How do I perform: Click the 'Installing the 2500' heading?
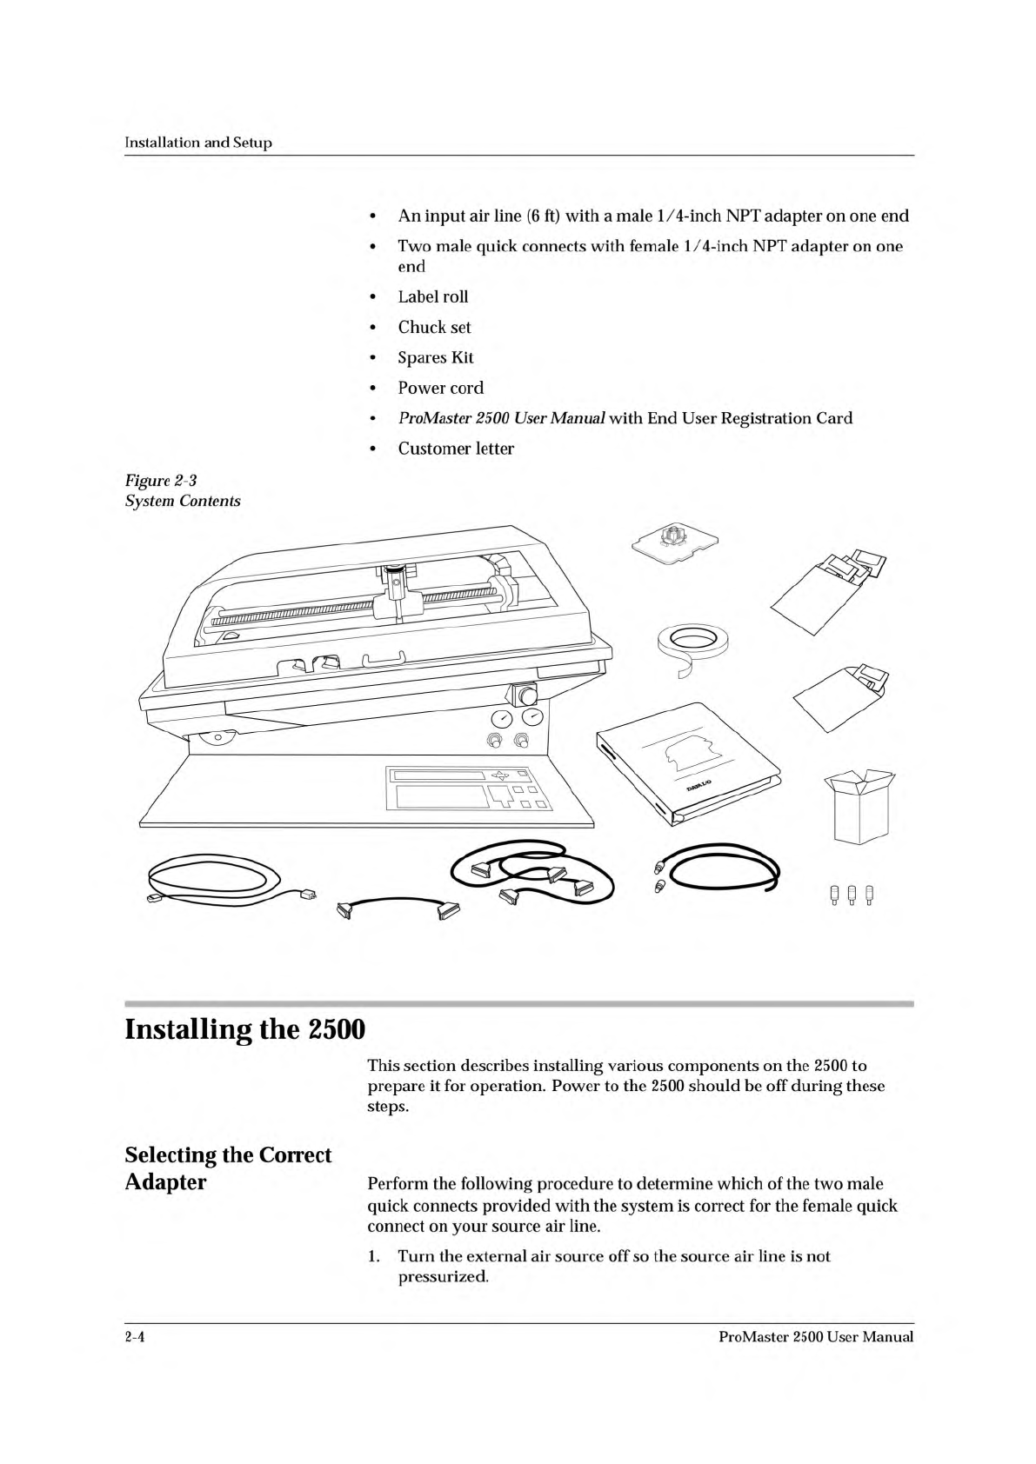coord(244,1030)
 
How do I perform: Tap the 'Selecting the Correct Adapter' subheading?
coord(228,1168)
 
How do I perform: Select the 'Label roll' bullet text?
coord(432,296)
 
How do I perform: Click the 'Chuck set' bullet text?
coord(434,327)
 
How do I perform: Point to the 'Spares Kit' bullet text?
coord(435,357)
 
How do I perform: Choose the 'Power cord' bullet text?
coord(440,388)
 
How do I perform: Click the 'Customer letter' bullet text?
coord(455,449)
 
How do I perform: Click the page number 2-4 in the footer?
coord(134,1337)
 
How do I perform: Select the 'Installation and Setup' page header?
coord(198,143)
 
